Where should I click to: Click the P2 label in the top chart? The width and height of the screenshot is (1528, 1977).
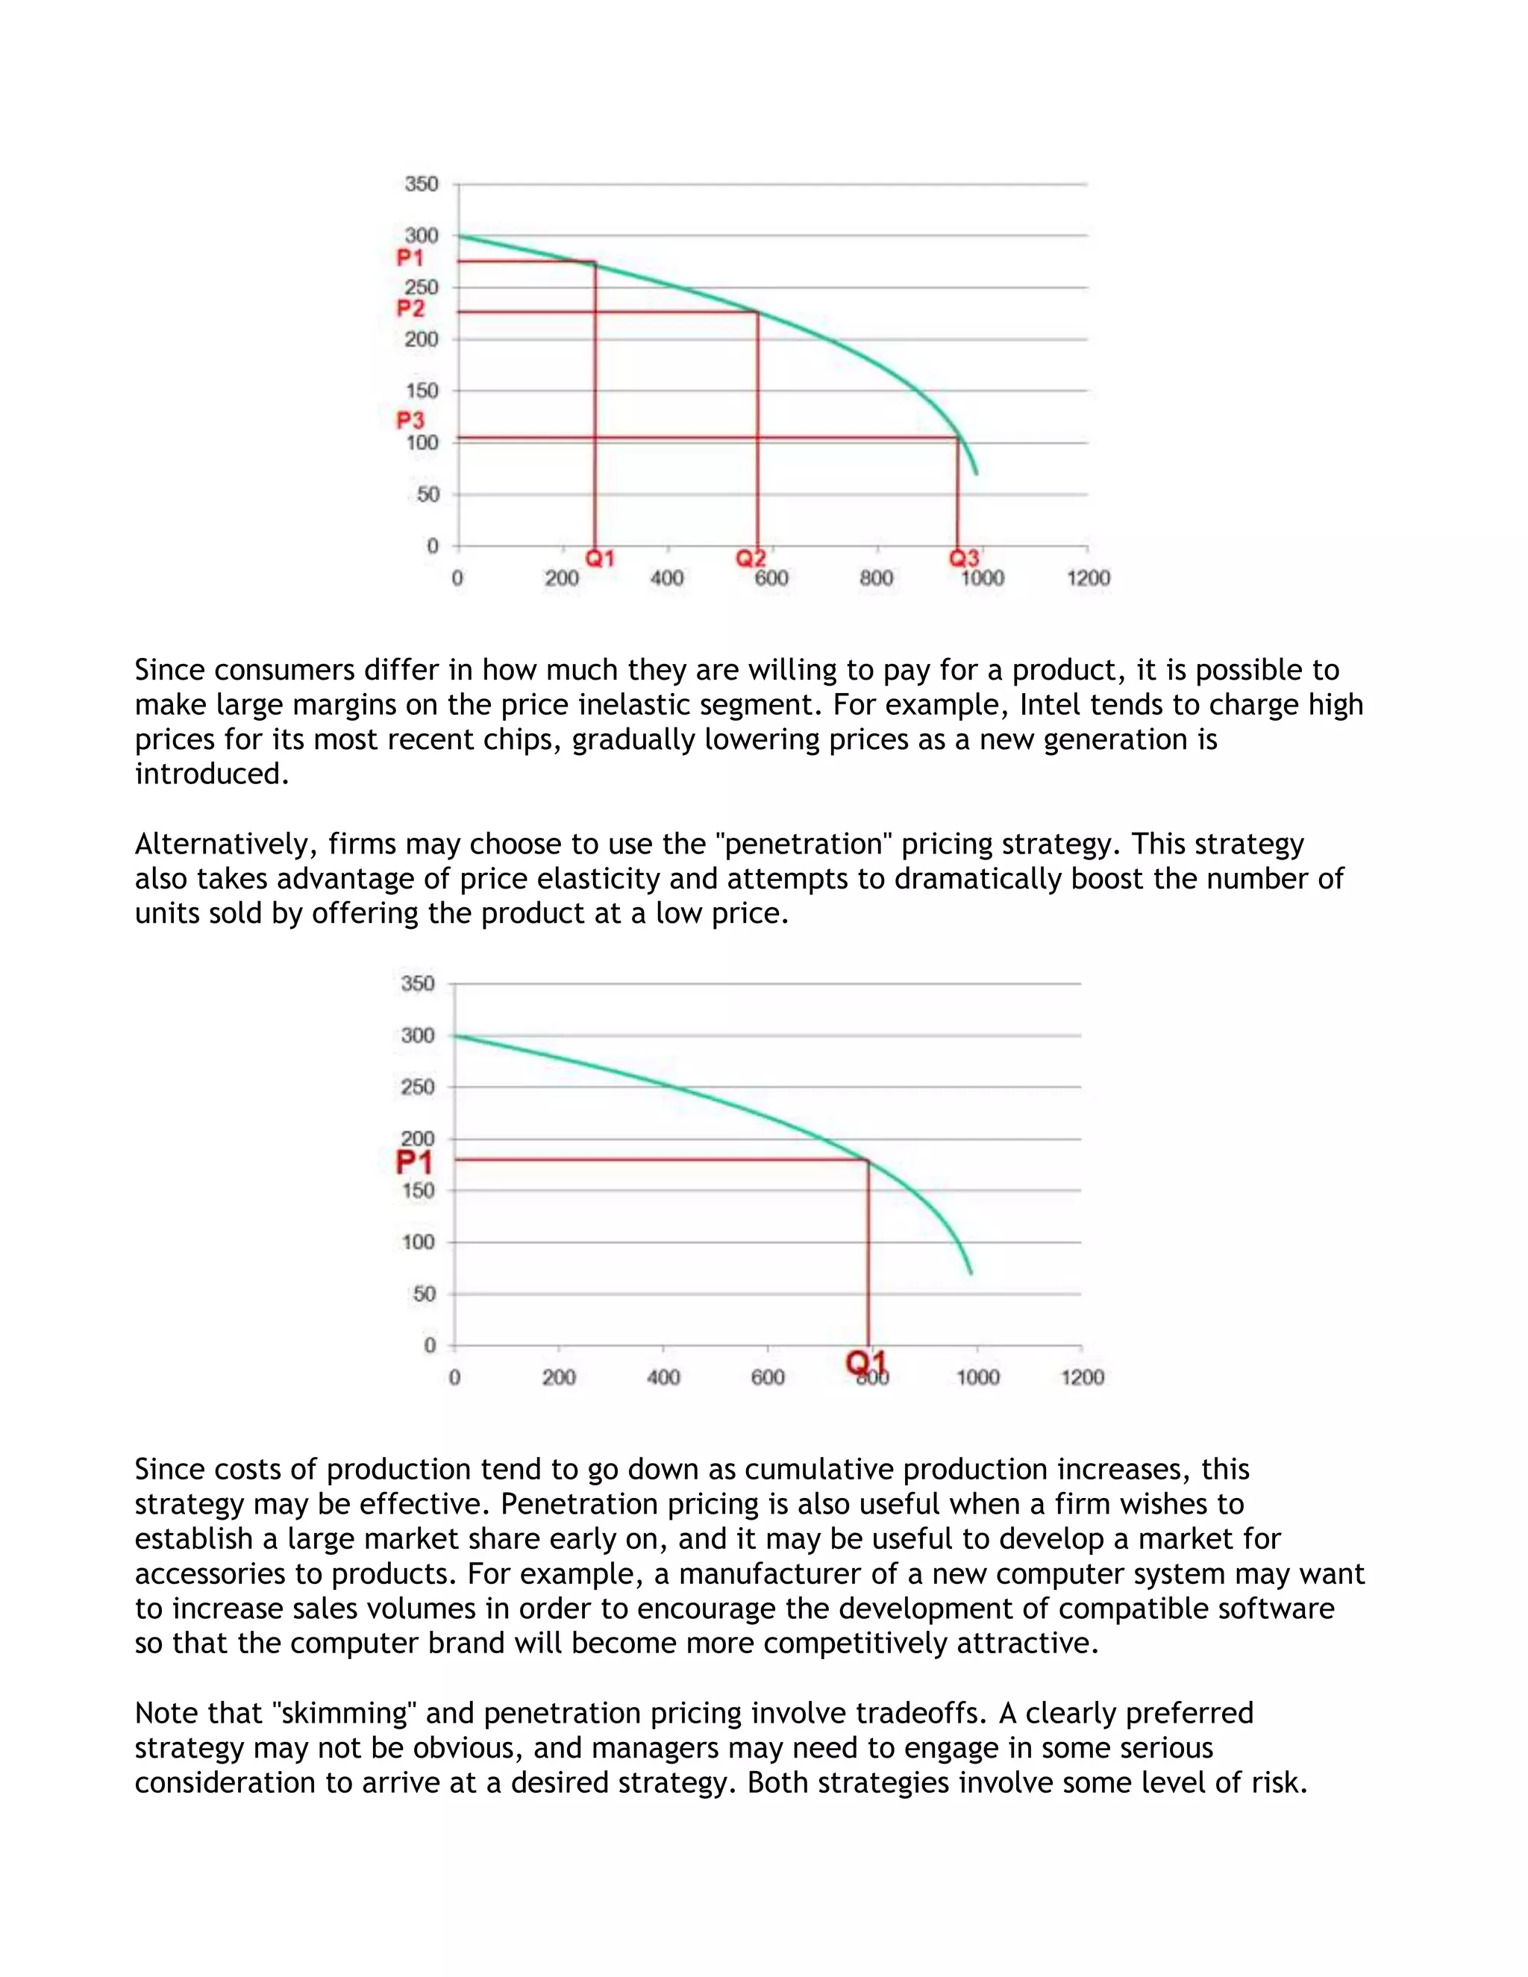pos(410,309)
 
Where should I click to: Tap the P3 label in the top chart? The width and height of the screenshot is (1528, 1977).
pos(410,421)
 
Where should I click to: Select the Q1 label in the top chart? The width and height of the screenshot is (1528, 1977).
pos(599,559)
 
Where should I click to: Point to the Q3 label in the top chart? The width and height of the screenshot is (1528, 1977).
pos(964,559)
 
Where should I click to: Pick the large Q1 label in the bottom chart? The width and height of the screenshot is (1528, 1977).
pos(866,1362)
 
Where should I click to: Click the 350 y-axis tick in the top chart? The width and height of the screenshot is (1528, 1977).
pos(421,184)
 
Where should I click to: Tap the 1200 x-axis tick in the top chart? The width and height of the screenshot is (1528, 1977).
pos(1088,578)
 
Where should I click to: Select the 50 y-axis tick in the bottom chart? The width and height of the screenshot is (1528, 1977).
pos(424,1294)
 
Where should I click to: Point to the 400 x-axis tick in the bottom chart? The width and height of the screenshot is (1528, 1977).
pos(663,1378)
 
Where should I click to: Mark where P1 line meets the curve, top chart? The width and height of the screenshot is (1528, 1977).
pos(595,263)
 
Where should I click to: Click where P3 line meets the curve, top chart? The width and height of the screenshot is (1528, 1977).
pos(958,438)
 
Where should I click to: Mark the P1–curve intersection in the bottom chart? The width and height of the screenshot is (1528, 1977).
pos(868,1159)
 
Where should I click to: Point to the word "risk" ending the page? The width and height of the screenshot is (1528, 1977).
pos(1278,1782)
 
